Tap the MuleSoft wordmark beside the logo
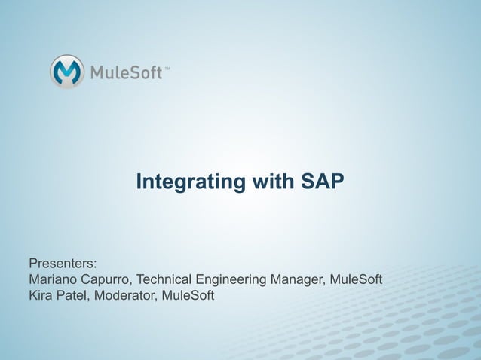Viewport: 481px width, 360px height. [x=127, y=73]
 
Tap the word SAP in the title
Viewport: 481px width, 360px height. [x=322, y=182]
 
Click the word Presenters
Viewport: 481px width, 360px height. [x=62, y=264]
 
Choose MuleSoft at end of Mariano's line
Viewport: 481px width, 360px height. [x=356, y=280]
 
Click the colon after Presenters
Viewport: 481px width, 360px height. [x=95, y=266]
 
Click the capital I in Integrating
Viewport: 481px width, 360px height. [x=138, y=182]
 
